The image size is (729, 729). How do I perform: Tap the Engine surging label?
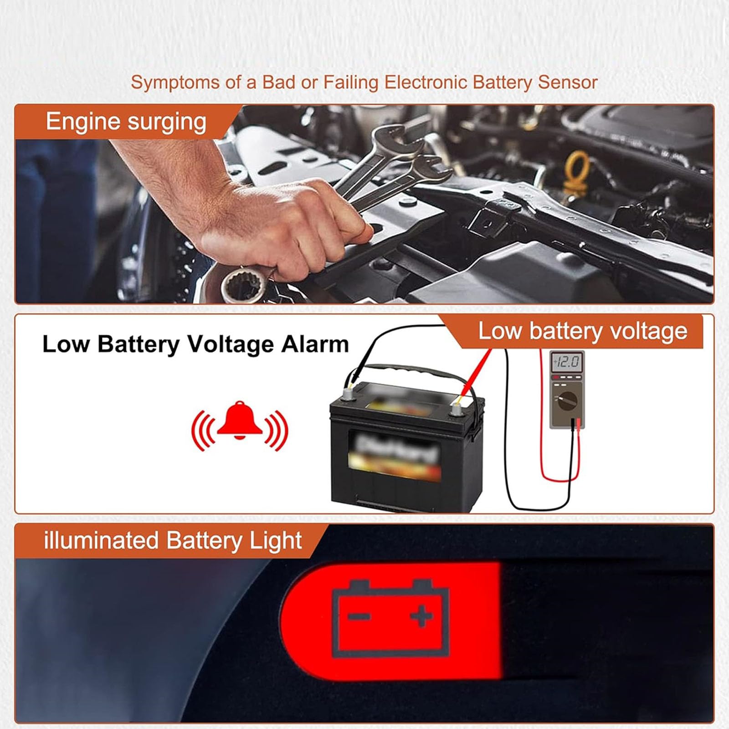tap(126, 122)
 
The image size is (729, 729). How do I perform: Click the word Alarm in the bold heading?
tap(315, 344)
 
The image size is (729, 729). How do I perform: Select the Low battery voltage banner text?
tap(582, 331)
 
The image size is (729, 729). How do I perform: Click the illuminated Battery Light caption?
tap(173, 541)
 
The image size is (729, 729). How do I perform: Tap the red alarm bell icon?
tap(240, 421)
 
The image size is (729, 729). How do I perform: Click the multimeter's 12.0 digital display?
tap(567, 363)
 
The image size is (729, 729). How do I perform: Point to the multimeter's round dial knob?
tap(567, 402)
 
